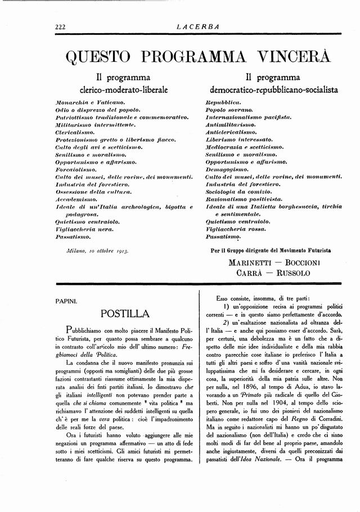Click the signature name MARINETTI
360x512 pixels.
click(x=252, y=262)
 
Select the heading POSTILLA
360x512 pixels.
click(x=124, y=314)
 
